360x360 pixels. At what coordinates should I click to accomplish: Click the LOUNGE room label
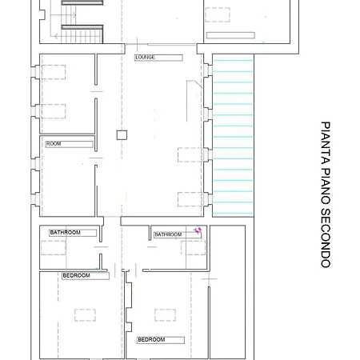pos(145,58)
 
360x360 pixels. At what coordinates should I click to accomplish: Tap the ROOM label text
pos(54,144)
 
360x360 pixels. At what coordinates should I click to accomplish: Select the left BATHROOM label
pos(66,233)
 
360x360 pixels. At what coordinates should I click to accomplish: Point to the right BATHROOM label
pos(168,234)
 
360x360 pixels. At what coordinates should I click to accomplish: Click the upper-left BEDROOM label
pos(76,276)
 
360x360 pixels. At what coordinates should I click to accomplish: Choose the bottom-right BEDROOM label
pos(151,340)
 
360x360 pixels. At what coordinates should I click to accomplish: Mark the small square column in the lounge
pos(122,134)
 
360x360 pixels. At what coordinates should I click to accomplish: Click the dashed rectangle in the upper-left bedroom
pos(86,314)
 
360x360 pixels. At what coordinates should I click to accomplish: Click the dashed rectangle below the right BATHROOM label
pos(192,247)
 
